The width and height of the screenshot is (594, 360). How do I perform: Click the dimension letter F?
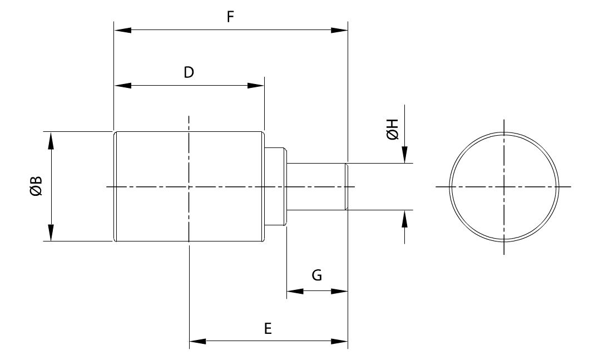coord(230,17)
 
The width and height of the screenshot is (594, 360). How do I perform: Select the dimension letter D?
coord(189,72)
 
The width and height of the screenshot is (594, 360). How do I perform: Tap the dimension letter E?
coord(268,329)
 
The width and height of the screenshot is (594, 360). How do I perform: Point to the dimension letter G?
coord(316,275)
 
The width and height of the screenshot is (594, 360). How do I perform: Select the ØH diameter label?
coord(392,130)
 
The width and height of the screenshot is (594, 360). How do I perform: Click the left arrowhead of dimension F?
coord(122,30)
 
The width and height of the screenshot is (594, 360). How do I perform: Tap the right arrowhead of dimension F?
coord(339,30)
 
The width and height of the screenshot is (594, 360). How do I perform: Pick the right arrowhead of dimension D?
coord(256,85)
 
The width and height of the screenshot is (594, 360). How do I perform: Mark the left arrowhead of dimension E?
coord(198,341)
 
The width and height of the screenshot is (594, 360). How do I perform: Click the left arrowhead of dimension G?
coord(294,291)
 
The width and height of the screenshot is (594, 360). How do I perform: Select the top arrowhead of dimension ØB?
coord(51,140)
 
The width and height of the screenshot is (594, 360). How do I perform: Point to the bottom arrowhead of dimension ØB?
coord(51,233)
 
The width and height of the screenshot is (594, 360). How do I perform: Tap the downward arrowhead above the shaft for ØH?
coord(405,155)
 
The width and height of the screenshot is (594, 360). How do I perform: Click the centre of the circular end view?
coord(504,186)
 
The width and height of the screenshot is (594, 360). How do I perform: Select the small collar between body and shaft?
coord(275,186)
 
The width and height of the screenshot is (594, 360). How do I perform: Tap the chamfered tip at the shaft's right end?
coord(346,186)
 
